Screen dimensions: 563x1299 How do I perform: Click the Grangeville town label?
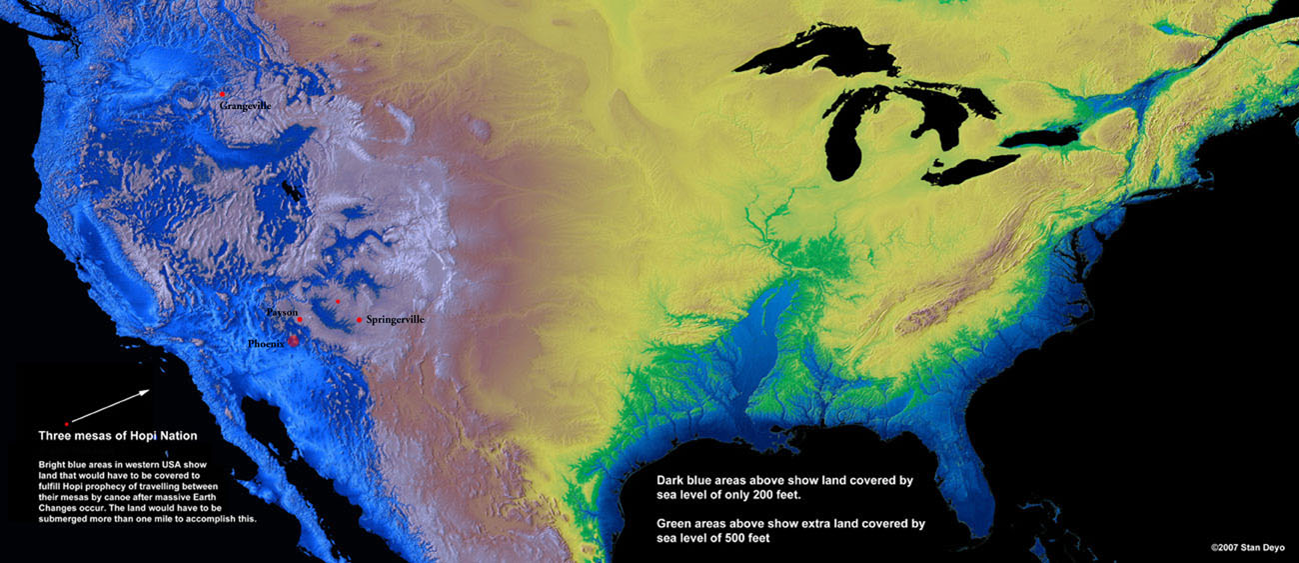click(x=245, y=105)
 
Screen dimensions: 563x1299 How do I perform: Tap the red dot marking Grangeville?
click(x=222, y=94)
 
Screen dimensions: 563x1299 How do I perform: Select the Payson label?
click(x=281, y=312)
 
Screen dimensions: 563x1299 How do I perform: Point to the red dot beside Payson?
click(x=300, y=320)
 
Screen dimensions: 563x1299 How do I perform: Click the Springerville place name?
click(x=395, y=319)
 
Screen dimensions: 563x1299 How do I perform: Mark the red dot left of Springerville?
click(x=359, y=320)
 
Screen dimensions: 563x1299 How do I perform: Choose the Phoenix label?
click(x=267, y=343)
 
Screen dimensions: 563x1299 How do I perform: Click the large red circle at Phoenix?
click(x=293, y=340)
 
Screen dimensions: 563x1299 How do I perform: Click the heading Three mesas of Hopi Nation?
click(x=117, y=436)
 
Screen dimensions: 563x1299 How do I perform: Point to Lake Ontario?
click(x=1039, y=136)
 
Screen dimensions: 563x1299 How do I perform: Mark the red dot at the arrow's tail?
click(x=67, y=424)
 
